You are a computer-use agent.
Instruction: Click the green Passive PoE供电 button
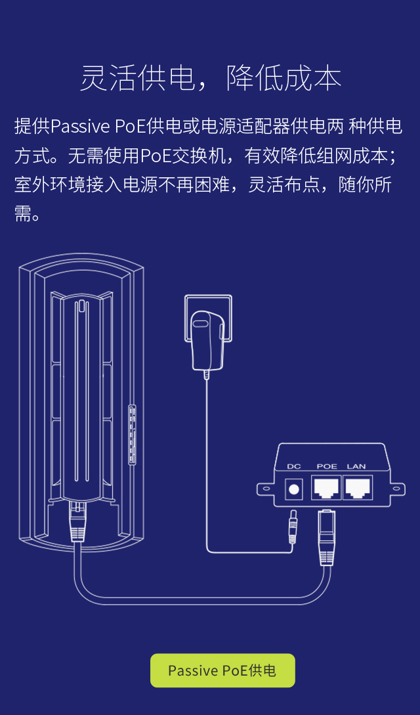[222, 670]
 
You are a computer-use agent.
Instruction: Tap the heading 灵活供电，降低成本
[210, 78]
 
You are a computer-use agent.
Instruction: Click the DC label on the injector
[294, 466]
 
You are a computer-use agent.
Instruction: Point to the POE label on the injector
[326, 466]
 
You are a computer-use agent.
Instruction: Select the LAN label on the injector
[356, 466]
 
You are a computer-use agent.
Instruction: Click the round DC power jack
[294, 488]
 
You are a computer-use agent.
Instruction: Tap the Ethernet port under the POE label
[326, 487]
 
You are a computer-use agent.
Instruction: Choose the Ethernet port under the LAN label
[357, 487]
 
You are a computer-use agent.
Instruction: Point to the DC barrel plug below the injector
[293, 528]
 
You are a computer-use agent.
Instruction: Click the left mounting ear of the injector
[265, 488]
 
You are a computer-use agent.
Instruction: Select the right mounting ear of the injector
[396, 488]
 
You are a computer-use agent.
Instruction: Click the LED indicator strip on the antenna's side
[132, 435]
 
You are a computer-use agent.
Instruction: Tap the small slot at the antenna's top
[81, 305]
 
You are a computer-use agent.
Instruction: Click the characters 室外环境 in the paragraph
[45, 185]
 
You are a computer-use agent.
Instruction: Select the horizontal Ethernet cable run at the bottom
[197, 600]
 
